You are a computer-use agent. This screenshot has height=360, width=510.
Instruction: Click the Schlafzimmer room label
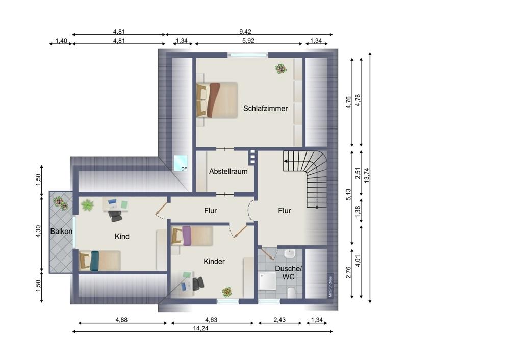(x=265, y=108)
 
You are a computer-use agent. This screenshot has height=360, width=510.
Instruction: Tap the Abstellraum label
(x=228, y=171)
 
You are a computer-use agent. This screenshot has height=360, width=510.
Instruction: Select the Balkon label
(x=61, y=231)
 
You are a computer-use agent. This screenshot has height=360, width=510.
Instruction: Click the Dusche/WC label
(x=288, y=272)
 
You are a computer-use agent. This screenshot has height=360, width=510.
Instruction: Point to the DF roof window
(x=181, y=163)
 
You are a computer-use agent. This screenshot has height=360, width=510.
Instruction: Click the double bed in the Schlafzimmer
(x=217, y=100)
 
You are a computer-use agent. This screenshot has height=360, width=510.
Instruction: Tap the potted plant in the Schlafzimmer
(x=280, y=69)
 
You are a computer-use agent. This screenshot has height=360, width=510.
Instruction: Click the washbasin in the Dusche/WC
(x=289, y=253)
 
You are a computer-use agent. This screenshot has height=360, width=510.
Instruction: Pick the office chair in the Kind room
(x=115, y=215)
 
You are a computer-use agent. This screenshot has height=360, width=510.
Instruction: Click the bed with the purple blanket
(x=192, y=236)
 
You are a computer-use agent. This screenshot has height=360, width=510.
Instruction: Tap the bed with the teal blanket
(x=100, y=260)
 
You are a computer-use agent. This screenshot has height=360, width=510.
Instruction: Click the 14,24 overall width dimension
(x=200, y=328)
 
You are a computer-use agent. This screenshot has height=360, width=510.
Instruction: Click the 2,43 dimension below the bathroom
(x=279, y=320)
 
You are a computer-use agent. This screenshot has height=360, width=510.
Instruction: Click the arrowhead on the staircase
(x=285, y=161)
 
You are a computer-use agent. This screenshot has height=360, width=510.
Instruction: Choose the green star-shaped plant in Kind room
(x=87, y=205)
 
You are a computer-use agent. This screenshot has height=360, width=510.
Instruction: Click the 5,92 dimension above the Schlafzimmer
(x=248, y=41)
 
